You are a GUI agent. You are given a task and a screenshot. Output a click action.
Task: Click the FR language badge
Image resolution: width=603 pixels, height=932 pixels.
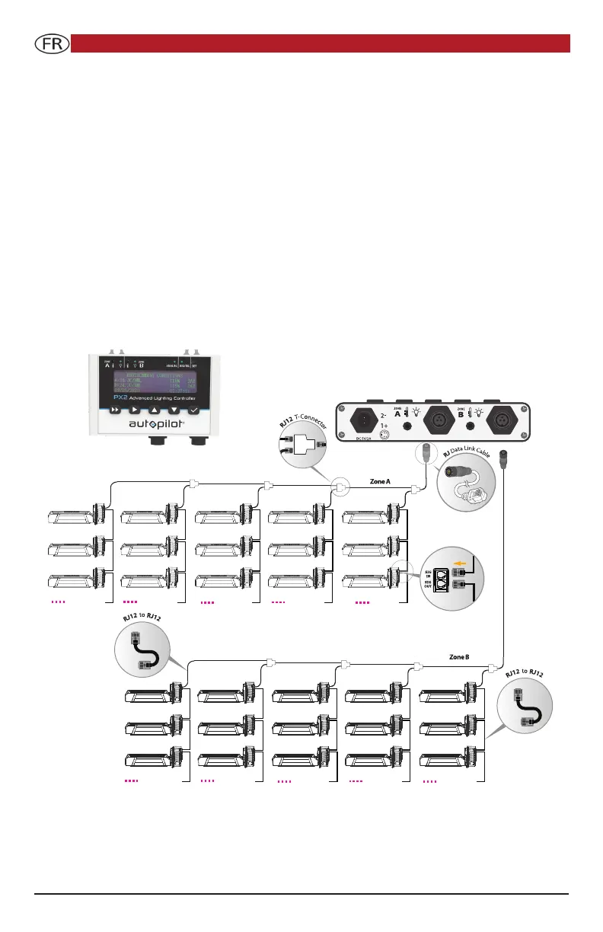tap(53, 43)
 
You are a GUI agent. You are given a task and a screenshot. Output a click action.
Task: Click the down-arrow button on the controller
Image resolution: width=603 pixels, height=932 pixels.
tap(175, 409)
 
